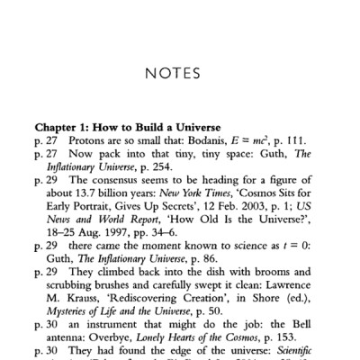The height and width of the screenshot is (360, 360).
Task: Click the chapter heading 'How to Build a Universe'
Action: [170, 125]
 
